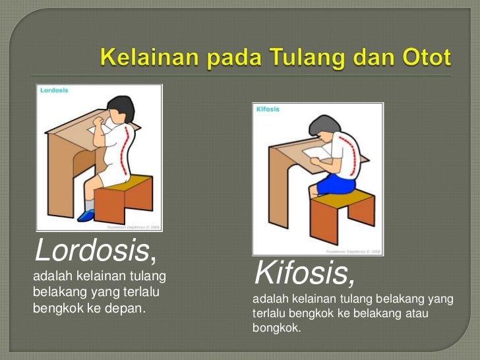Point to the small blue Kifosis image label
[268, 109]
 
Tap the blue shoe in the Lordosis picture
[86, 215]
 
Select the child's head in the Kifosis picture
[322, 129]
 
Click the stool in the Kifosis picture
[343, 211]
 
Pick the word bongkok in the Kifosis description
[275, 328]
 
